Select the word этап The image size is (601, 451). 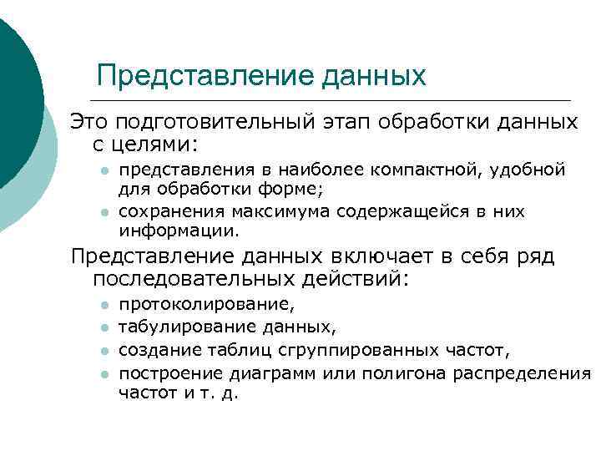346,123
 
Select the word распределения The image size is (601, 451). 522,372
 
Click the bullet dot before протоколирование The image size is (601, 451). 101,307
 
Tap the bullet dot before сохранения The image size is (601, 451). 101,211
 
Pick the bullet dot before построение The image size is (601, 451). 101,372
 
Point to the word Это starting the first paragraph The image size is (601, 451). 88,123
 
